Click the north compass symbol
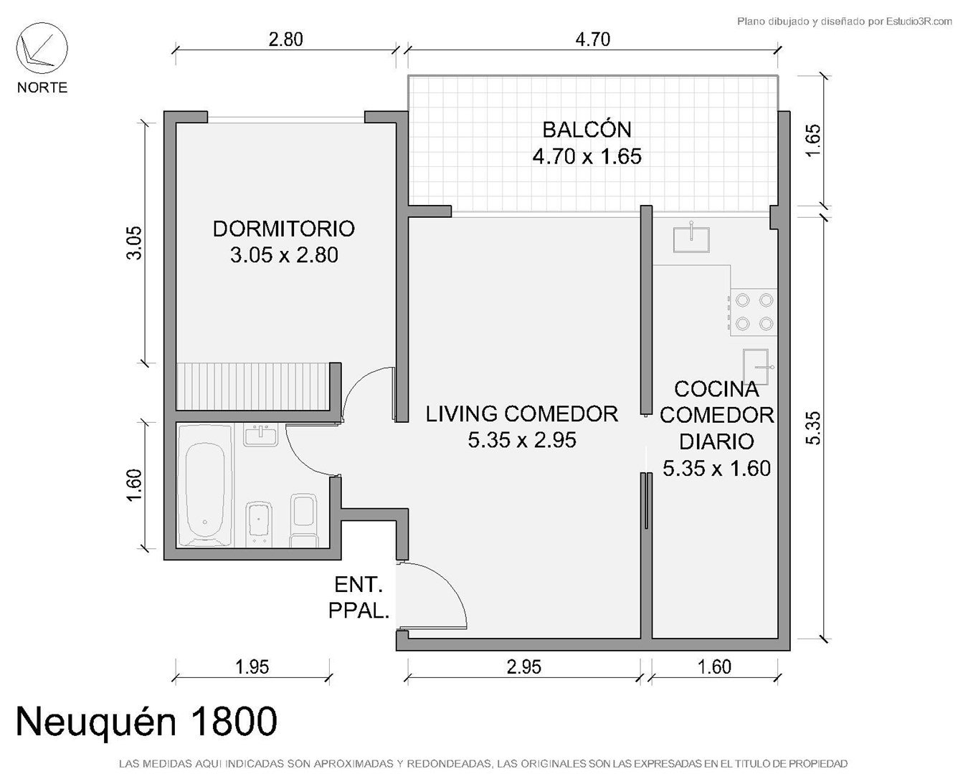tap(42, 48)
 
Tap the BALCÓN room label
tap(587, 130)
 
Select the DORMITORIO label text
tap(284, 229)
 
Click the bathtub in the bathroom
tap(205, 486)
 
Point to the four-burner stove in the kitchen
tap(754, 312)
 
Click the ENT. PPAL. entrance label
tap(359, 598)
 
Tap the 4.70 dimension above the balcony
tap(593, 39)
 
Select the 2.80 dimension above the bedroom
tap(286, 39)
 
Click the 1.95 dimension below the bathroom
tap(252, 667)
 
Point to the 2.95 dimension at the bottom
tap(524, 667)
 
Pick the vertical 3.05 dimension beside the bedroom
tap(134, 243)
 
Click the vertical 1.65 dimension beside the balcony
tap(813, 140)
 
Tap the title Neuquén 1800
tap(147, 721)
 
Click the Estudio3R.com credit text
tap(844, 21)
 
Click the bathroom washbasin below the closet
tap(260, 435)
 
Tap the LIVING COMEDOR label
tap(522, 414)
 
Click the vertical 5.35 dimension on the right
tap(813, 428)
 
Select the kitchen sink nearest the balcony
tap(691, 239)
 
